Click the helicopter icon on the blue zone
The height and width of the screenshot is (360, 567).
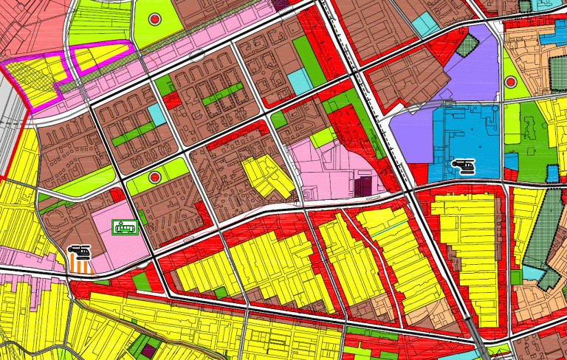pos(464,167)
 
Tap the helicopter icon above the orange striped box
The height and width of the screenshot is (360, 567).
pos(80,253)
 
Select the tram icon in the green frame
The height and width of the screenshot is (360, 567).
pos(124,227)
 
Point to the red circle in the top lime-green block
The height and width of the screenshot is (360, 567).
pos(154,19)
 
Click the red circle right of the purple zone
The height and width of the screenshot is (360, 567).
pos(511,82)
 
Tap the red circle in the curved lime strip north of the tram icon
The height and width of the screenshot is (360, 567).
pos(154,177)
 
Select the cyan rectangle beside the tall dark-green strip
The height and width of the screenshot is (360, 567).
pos(299,80)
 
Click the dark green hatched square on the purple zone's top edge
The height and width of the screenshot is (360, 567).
pos(467,46)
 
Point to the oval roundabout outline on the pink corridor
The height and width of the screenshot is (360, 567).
pos(196,54)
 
